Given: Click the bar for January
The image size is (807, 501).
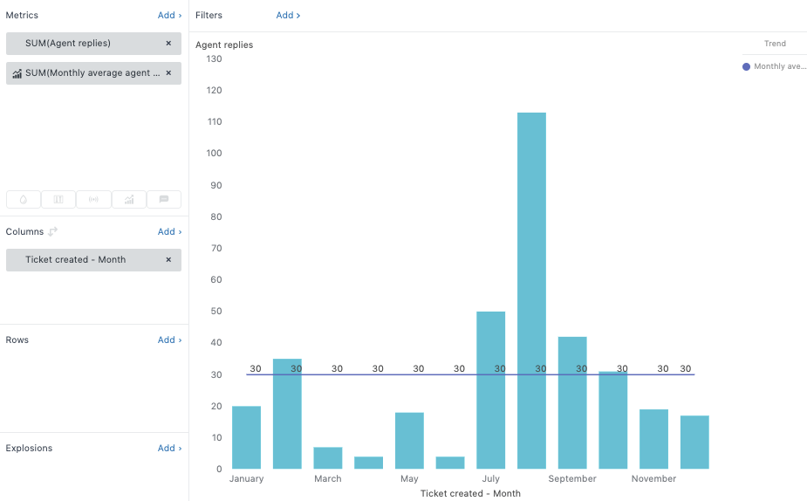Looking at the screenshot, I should [x=246, y=436].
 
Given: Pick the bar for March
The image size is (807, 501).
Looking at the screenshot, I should [x=328, y=457].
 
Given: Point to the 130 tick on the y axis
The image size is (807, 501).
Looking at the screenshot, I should [x=213, y=59].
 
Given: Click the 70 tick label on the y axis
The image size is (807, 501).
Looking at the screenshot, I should [x=215, y=249].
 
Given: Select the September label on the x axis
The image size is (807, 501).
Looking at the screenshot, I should [x=572, y=479].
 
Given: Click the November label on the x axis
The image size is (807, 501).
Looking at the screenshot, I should [x=653, y=479].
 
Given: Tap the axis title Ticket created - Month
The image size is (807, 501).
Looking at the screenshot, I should [x=470, y=494].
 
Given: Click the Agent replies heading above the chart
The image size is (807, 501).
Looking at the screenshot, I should [x=224, y=45].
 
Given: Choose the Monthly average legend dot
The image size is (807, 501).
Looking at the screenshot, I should [x=746, y=67].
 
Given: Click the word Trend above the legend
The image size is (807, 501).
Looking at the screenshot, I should [x=775, y=44].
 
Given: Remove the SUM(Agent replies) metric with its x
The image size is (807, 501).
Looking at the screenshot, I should [x=168, y=44].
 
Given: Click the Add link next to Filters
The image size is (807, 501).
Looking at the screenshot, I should [x=288, y=16].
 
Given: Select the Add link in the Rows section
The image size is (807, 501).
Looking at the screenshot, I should [x=169, y=340].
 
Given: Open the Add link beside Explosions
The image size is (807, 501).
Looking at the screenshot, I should [x=169, y=449].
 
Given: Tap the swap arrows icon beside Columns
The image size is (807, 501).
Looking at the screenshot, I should [x=53, y=232].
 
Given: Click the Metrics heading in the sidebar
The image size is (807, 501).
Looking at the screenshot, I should [x=22, y=16].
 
